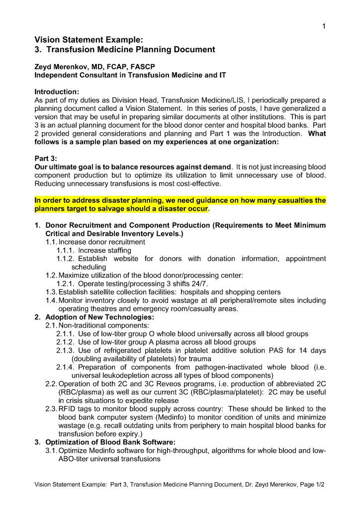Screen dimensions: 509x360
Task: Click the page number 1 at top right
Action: click(x=323, y=26)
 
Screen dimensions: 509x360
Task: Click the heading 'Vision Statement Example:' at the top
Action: click(x=89, y=39)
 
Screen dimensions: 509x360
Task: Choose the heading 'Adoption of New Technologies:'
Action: click(x=99, y=317)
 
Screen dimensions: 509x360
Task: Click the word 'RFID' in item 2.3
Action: click(x=68, y=409)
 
